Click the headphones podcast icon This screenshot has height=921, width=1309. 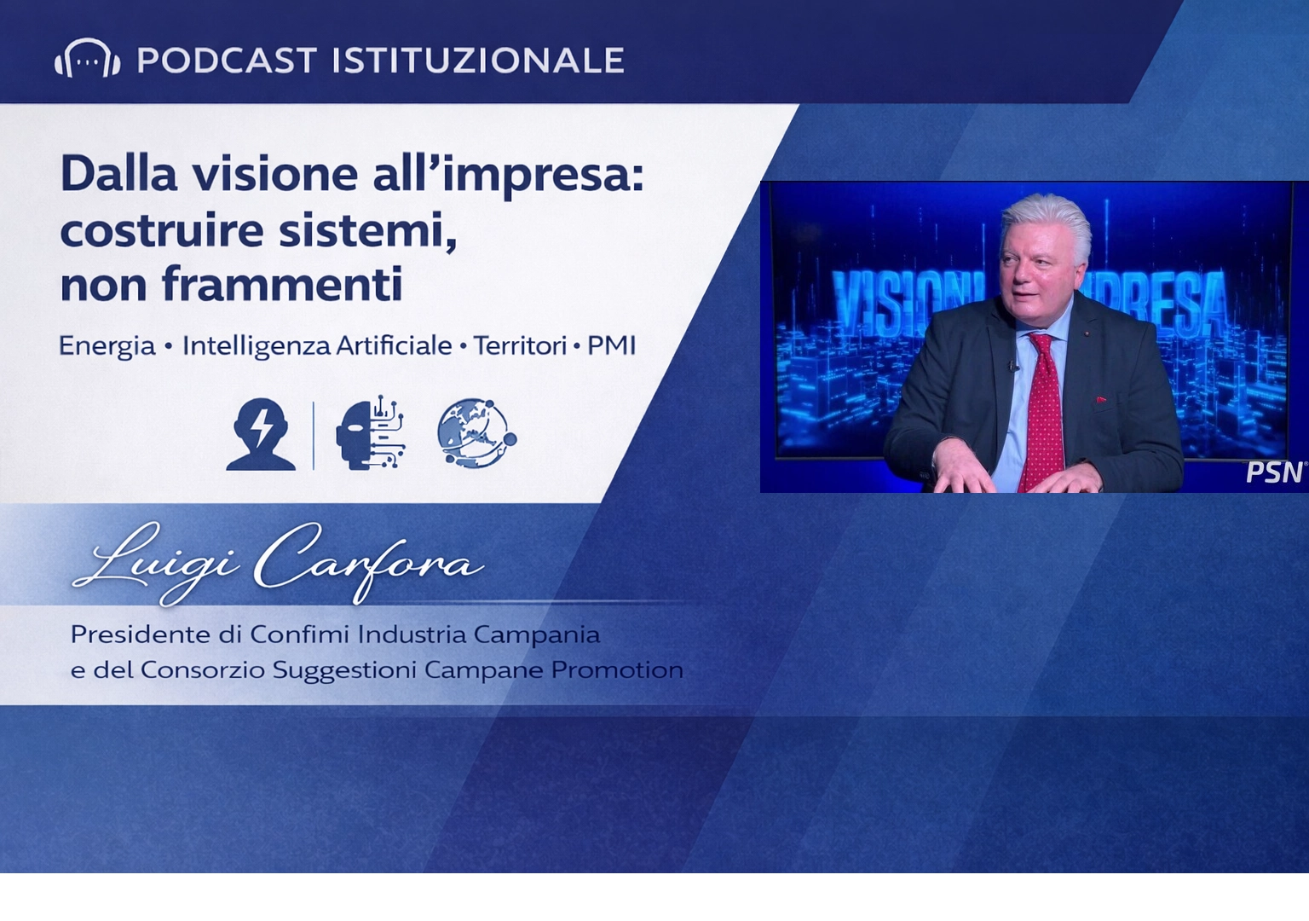87,59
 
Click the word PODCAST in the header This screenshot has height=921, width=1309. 227,61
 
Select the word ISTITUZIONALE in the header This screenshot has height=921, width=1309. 478,61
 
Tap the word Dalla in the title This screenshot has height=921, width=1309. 118,174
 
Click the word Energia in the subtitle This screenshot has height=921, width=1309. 107,345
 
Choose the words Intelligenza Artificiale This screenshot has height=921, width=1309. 317,345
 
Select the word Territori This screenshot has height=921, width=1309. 520,345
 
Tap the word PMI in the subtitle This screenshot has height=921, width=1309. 611,345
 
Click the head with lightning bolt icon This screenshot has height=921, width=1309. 261,434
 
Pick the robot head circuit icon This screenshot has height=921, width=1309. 370,432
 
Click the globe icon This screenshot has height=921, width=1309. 476,433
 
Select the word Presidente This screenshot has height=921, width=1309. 140,634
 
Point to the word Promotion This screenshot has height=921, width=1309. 617,670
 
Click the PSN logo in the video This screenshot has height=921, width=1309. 1275,472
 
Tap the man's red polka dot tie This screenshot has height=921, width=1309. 1044,409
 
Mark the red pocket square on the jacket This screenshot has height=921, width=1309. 1101,399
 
